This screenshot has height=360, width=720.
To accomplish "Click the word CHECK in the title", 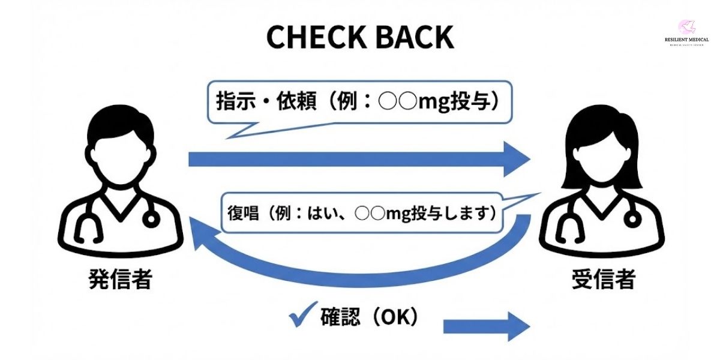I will click(313, 37).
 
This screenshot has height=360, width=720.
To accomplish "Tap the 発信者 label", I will click(120, 280).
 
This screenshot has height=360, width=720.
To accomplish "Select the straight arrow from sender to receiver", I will click(360, 159).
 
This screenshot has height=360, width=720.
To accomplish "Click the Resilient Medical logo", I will click(686, 26).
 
